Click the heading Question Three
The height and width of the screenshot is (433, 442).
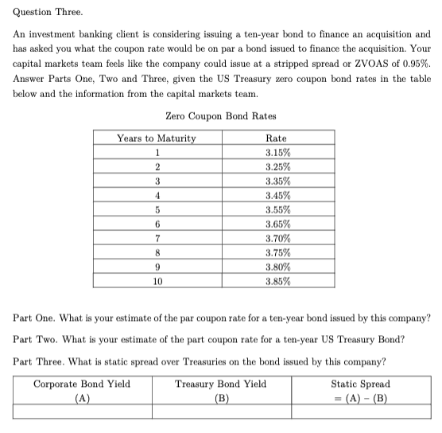[42, 13]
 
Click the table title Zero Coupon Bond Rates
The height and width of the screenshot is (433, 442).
[220, 116]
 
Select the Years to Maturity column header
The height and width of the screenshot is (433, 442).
[157, 138]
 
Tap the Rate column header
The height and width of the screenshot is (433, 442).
[277, 138]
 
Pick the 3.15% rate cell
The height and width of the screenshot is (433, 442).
[277, 153]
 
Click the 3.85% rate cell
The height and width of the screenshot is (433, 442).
[277, 281]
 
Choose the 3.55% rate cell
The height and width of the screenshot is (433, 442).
[277, 210]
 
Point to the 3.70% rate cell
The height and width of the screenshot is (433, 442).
[277, 239]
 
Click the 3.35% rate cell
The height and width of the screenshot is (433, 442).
[277, 181]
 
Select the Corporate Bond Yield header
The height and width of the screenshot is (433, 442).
[82, 384]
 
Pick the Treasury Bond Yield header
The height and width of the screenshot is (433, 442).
[221, 384]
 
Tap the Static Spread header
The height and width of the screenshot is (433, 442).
[359, 384]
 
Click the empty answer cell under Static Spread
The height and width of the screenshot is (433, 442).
[359, 412]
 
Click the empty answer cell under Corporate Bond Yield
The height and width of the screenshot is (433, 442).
[82, 412]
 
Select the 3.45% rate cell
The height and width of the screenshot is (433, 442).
[277, 196]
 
